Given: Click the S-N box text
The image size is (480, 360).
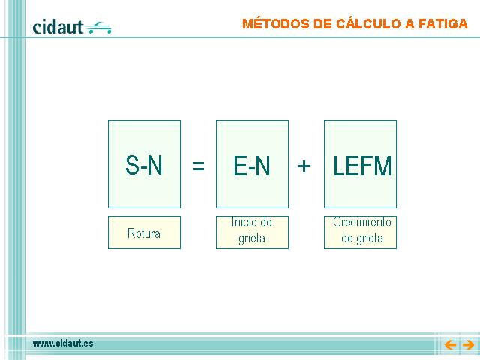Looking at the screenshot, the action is (x=144, y=165).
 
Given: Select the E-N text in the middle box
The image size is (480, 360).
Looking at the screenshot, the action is (x=252, y=166).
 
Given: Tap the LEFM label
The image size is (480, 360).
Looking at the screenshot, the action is (x=362, y=166).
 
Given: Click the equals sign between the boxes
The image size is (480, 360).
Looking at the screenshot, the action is (x=199, y=166).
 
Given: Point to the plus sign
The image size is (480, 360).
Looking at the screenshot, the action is (x=304, y=166).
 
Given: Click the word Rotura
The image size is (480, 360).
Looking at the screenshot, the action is (x=144, y=233).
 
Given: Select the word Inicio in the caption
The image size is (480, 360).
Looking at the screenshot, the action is (x=244, y=222).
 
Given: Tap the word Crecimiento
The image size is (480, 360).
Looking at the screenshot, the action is (x=362, y=222).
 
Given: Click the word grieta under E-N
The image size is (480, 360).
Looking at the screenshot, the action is (x=252, y=238).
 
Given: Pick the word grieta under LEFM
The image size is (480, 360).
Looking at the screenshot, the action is (x=370, y=238).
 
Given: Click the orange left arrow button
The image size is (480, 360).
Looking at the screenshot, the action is (x=450, y=345).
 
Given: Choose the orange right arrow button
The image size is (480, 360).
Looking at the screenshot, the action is (x=468, y=345).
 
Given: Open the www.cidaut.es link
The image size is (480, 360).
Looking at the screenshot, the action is (x=63, y=343).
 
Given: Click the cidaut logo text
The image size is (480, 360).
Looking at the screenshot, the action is (x=58, y=27).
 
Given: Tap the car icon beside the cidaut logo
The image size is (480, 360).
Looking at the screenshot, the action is (x=98, y=28).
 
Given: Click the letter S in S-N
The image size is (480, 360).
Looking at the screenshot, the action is (x=132, y=165).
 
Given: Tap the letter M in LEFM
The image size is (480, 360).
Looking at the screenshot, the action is (x=382, y=166).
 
